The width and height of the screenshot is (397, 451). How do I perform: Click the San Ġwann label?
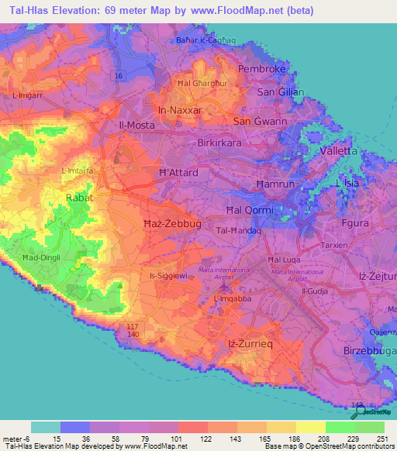261,122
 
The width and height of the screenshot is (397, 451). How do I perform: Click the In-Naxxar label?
179,111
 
